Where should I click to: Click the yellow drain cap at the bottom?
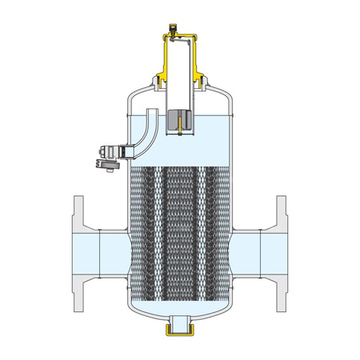[180, 327]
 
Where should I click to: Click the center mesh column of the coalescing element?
[180, 232]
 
